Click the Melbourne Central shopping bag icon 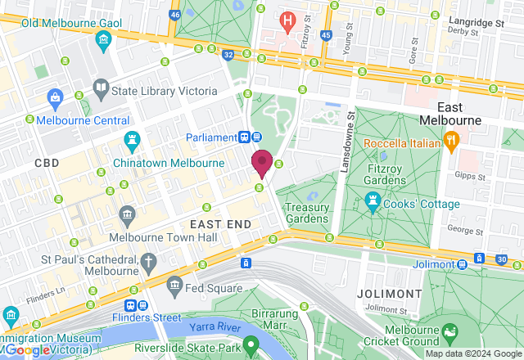(x=55, y=99)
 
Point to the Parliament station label (x=210, y=137)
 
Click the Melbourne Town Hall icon (x=127, y=215)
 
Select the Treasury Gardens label (x=307, y=214)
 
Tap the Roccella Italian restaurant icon (x=450, y=140)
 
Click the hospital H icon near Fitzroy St (x=287, y=19)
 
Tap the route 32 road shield (x=228, y=55)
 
